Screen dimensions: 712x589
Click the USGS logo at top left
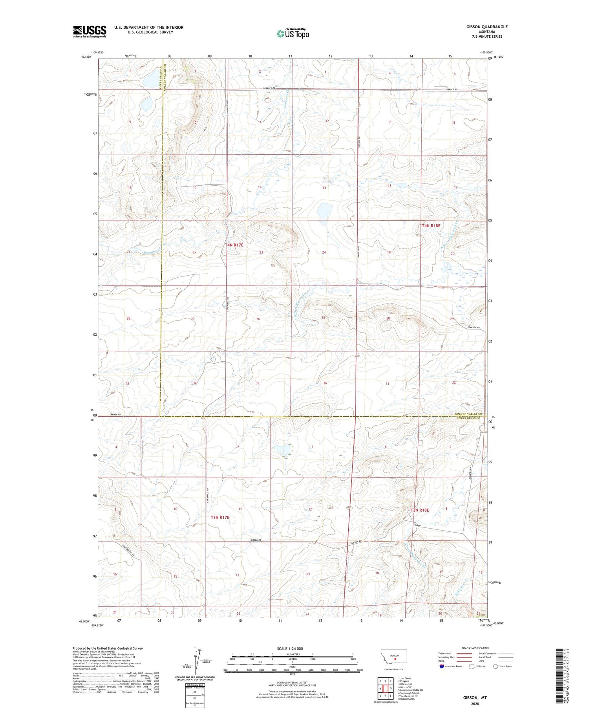tap(90, 31)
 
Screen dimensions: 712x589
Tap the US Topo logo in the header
tap(293, 34)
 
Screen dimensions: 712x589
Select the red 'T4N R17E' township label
tap(234, 245)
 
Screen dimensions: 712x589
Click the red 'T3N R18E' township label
tap(420, 510)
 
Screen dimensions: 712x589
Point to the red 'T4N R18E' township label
tap(431, 226)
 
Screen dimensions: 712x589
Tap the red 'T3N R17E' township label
tap(220, 518)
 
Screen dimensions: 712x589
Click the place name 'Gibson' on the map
tap(419, 525)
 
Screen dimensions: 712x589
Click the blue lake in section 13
tap(325, 211)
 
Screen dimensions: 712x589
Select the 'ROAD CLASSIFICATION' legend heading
tap(475, 648)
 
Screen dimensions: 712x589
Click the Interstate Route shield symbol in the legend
tap(442, 666)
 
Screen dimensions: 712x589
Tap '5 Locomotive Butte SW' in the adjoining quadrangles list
tap(411, 690)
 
